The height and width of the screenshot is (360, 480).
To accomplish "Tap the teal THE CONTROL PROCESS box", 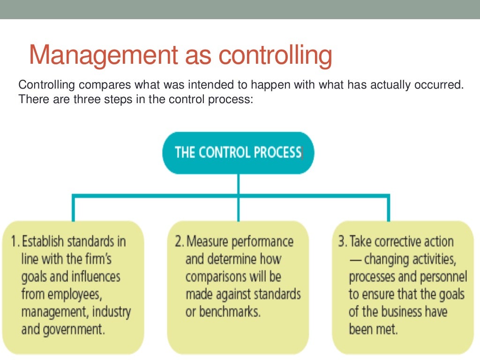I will click(x=238, y=153).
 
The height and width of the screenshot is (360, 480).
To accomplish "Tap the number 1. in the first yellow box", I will click(x=15, y=242).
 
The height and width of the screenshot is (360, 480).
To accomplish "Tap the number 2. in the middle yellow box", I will click(x=179, y=242).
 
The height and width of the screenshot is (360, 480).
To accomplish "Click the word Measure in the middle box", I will click(x=207, y=242).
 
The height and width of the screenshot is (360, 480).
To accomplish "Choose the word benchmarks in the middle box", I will click(x=230, y=312).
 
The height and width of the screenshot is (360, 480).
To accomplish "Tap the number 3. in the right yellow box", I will click(x=343, y=242).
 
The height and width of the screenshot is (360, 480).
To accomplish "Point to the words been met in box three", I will click(x=373, y=330).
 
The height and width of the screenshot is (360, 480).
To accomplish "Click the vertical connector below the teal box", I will click(x=238, y=184).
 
